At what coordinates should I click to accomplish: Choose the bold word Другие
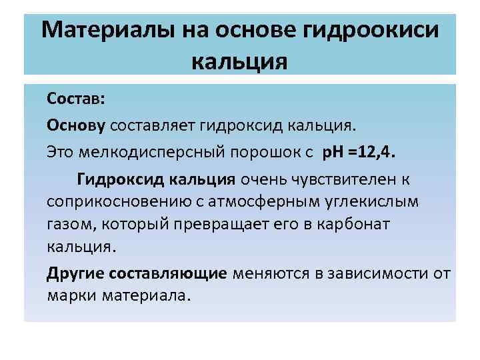click(75, 273)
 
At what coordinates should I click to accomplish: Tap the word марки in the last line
click(72, 295)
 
